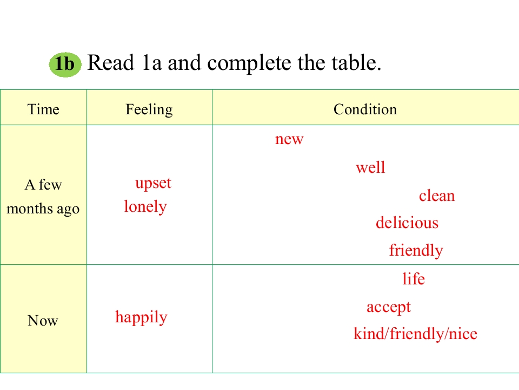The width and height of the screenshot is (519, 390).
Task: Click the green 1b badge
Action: [65, 64]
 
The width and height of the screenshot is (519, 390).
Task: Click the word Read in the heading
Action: [110, 62]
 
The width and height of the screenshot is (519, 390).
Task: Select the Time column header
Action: [43, 109]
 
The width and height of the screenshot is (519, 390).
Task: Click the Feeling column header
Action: [149, 110]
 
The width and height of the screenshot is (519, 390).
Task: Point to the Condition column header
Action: [365, 109]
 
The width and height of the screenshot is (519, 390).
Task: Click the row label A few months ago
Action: [43, 197]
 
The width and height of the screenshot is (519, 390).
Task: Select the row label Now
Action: [43, 321]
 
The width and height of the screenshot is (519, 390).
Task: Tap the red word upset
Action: [153, 184]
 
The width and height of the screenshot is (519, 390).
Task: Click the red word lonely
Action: [145, 207]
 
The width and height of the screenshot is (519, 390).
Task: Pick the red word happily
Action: [141, 317]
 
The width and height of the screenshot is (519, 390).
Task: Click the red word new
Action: [289, 139]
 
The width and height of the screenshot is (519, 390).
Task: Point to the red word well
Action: [371, 167]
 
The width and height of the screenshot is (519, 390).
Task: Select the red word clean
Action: [437, 196]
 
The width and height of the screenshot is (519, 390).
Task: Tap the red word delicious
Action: [407, 222]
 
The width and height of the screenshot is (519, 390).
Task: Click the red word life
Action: [414, 278]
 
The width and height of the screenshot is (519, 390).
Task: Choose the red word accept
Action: [389, 308]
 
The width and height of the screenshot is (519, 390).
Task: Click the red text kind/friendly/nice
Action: [415, 334]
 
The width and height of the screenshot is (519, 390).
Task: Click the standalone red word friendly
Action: [416, 250]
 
